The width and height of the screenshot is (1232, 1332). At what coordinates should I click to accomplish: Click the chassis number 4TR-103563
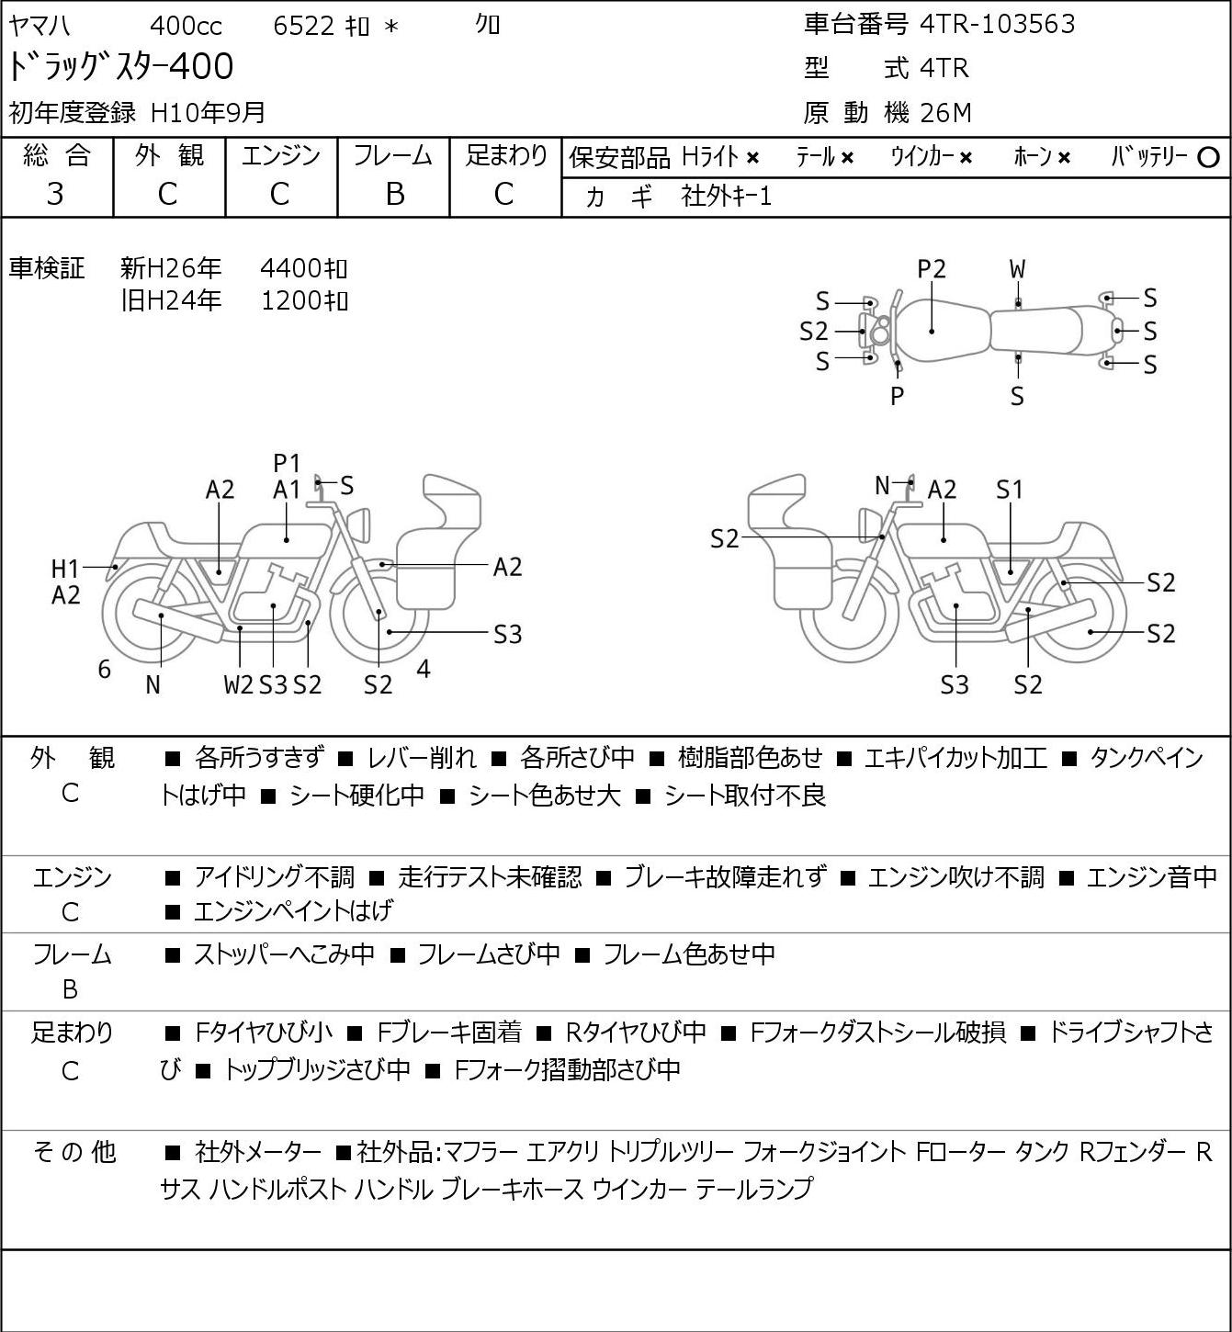[x=997, y=25]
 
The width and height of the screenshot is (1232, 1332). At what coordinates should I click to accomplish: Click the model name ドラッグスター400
[x=120, y=66]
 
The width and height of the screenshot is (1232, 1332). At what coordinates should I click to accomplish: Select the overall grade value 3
[x=55, y=195]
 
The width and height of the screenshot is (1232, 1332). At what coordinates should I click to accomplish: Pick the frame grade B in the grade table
[x=394, y=195]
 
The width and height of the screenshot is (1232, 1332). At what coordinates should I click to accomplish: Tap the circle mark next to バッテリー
[x=1208, y=158]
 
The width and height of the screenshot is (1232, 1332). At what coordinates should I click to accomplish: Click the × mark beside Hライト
[x=752, y=158]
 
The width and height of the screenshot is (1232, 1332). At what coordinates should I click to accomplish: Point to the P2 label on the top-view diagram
[x=932, y=269]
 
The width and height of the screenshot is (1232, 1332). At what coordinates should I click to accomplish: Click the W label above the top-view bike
[x=1017, y=269]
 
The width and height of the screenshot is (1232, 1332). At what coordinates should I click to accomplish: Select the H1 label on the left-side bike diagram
[x=65, y=569]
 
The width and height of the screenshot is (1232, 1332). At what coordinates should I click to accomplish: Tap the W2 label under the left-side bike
[x=238, y=684]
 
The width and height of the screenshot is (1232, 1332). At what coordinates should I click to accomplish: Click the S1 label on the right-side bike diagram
[x=1010, y=490]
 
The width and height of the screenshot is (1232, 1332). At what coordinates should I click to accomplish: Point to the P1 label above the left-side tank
[x=287, y=463]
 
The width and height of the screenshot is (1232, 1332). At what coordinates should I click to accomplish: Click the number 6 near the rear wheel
[x=104, y=669]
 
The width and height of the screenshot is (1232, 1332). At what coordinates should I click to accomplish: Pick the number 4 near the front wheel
[x=423, y=669]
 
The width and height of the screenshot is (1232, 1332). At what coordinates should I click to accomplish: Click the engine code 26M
[x=946, y=113]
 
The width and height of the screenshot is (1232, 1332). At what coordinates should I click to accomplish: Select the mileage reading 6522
[x=303, y=26]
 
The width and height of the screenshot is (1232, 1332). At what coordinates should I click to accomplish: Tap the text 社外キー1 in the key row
[x=726, y=197]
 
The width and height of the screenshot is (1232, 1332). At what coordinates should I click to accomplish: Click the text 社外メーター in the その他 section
[x=257, y=1152]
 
